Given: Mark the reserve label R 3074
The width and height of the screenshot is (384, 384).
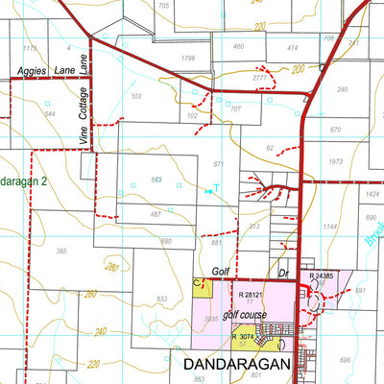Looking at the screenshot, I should (x=248, y=336).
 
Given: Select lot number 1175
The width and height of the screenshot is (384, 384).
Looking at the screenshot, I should (x=29, y=47).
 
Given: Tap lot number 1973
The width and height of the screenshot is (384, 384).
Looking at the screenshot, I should (x=335, y=161).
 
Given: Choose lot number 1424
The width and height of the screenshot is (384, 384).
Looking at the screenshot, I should (x=372, y=193).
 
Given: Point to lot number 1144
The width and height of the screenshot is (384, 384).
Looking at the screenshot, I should (x=331, y=227).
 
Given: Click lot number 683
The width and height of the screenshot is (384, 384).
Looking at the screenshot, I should (x=156, y=180).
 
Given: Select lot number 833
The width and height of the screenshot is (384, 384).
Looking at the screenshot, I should (x=163, y=300).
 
